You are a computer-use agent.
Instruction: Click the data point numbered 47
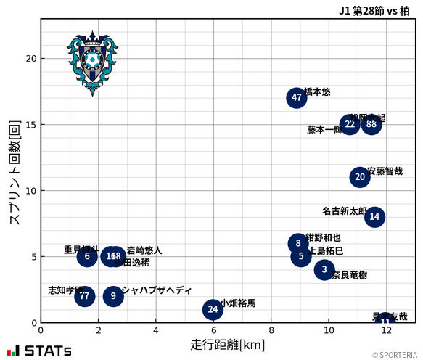tap(296, 98)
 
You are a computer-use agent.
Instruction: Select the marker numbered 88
tap(371, 124)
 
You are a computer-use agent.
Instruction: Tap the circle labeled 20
tap(360, 177)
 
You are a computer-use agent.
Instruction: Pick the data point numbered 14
tap(374, 216)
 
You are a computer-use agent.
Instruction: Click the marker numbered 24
tap(212, 310)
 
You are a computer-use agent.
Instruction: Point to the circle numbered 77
tap(85, 296)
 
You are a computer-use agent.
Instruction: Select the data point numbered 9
tap(113, 296)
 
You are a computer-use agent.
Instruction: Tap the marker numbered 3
tap(324, 270)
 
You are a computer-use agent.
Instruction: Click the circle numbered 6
tap(87, 256)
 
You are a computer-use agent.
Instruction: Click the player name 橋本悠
tap(317, 92)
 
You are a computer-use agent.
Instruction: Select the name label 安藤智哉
tap(385, 171)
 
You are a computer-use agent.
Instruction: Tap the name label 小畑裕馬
tap(238, 303)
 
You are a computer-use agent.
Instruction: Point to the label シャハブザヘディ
tap(157, 290)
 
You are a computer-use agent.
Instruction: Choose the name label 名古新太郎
tap(344, 211)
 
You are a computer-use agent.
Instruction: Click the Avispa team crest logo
tap(92, 63)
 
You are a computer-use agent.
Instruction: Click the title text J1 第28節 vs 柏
tap(374, 10)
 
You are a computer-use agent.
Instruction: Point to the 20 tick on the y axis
tap(29, 59)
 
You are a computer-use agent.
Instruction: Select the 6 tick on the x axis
tap(213, 330)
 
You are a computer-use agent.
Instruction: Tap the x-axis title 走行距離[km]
tap(227, 344)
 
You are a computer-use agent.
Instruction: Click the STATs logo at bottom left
tap(40, 351)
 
